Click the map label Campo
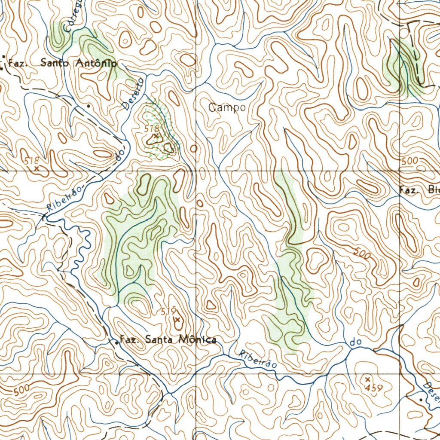point(227,108)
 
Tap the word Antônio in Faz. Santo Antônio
point(96,63)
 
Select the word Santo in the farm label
point(57,62)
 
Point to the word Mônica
point(197,340)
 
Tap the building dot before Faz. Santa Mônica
point(117,342)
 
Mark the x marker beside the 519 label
point(177,320)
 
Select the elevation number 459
point(374,388)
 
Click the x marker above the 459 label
point(367,379)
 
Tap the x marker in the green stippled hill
point(156,136)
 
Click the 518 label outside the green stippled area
point(31,161)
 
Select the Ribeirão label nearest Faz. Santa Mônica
point(257,358)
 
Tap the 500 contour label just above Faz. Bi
point(409,161)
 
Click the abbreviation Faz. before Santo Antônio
point(18,63)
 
